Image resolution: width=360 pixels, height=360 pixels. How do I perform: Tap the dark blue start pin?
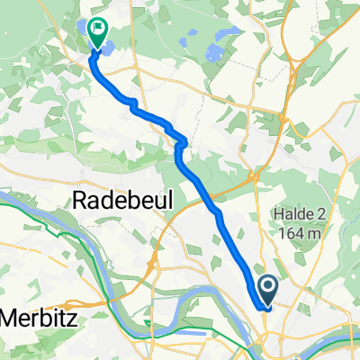[x=268, y=290]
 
